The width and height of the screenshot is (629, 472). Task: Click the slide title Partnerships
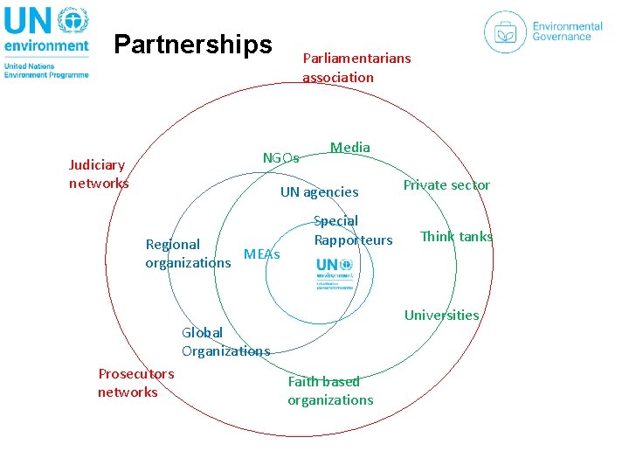point(193,44)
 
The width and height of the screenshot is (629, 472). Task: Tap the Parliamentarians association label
point(356,67)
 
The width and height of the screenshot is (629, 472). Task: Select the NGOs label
point(281,158)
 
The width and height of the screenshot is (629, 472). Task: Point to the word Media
point(350,148)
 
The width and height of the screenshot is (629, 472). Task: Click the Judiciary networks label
point(98,174)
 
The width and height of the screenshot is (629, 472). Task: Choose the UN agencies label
point(319,191)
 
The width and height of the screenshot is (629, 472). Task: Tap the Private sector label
point(446,184)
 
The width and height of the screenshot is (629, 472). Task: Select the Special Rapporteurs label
point(353,231)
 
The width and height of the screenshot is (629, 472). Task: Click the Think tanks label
point(456,236)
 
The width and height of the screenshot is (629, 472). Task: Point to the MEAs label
point(262,254)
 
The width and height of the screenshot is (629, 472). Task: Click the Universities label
point(441,315)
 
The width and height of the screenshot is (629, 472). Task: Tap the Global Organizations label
point(225,342)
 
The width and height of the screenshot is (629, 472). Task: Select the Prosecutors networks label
point(136,383)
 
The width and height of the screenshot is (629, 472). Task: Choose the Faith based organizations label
point(330,391)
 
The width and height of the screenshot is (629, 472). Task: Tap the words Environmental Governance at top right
point(568,31)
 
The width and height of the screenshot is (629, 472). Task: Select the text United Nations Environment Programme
point(46,70)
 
